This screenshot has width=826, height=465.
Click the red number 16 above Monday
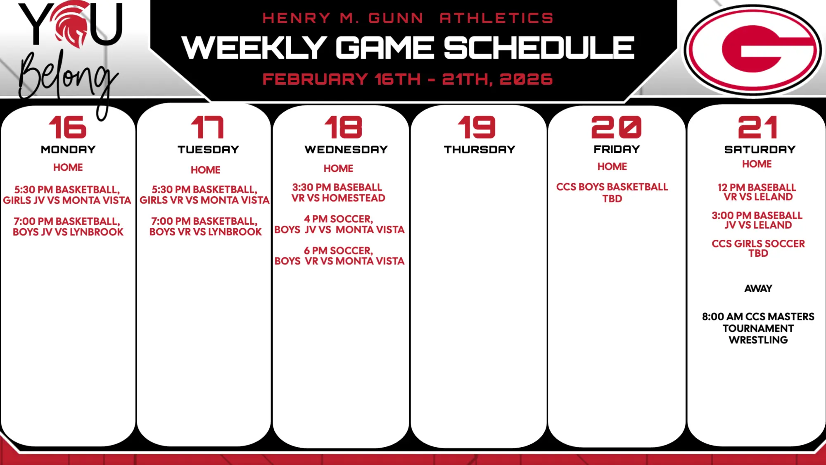click(68, 127)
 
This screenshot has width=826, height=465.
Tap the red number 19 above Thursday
click(477, 127)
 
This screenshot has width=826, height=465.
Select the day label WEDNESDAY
click(346, 150)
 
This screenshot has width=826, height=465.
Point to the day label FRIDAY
click(617, 149)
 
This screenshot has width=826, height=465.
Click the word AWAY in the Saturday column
click(758, 289)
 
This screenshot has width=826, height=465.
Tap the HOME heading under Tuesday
click(205, 170)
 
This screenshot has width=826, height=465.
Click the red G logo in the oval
click(752, 49)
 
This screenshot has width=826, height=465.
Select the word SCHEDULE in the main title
click(539, 48)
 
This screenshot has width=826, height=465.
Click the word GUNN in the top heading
click(396, 18)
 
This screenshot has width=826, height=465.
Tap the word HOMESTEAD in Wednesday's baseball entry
click(354, 198)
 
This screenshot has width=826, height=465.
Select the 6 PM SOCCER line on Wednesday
click(338, 251)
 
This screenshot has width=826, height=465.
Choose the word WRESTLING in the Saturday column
click(758, 340)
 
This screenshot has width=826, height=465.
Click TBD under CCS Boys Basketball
click(612, 199)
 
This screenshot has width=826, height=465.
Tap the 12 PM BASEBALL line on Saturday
click(757, 188)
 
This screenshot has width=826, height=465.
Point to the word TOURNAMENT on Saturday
click(758, 329)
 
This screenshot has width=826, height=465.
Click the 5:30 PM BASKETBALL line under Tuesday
click(204, 190)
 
